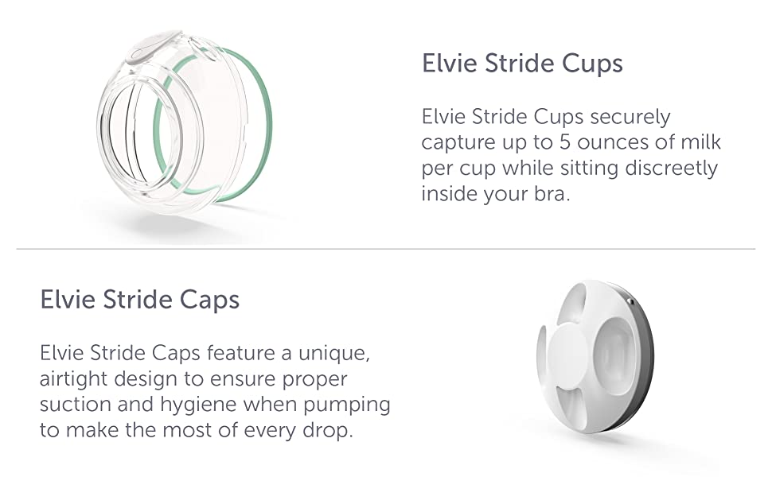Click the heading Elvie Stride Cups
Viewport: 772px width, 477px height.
(522, 64)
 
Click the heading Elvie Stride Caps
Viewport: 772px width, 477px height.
(139, 300)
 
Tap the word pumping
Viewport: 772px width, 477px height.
(348, 405)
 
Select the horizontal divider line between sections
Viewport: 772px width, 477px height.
(386, 250)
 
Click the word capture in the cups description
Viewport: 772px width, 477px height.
(458, 143)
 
